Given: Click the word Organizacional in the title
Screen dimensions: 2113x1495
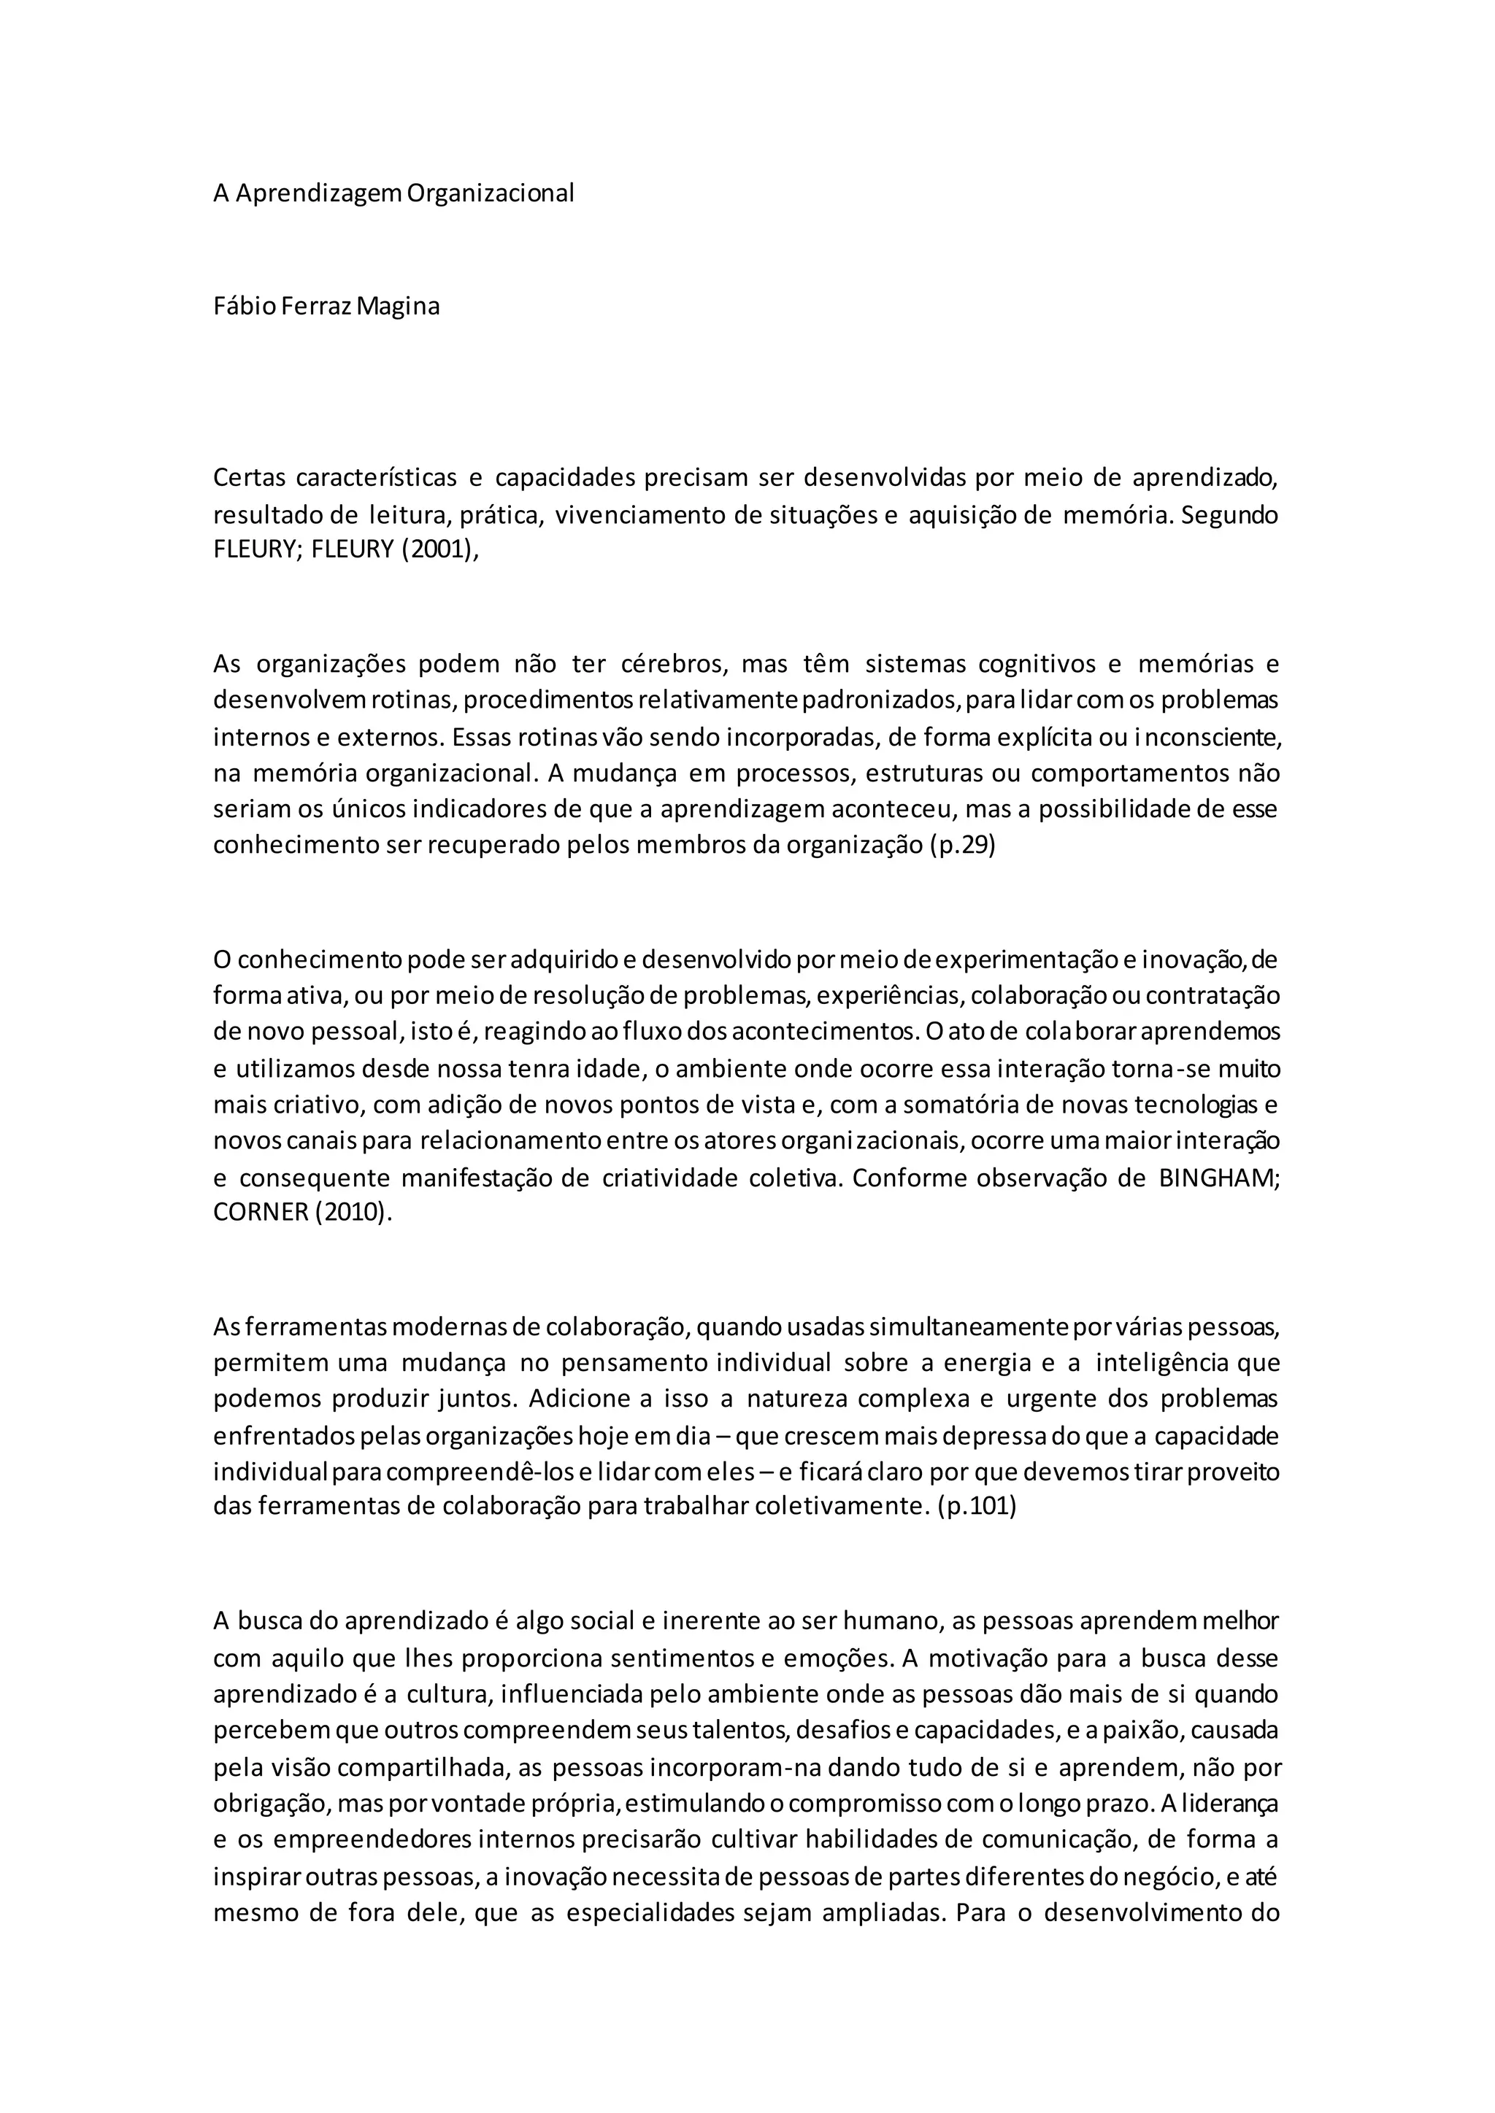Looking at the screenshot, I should click(x=490, y=193).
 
